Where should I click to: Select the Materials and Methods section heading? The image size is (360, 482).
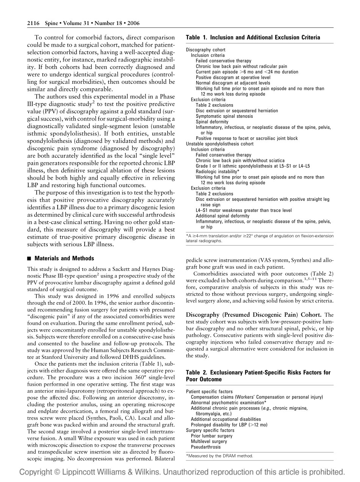point(64,258)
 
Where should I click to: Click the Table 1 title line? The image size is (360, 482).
point(253,38)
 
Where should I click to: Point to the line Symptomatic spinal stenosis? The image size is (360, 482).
point(224,116)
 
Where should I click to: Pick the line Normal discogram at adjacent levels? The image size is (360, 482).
point(233,83)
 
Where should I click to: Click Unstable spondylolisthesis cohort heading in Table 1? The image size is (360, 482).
point(219,144)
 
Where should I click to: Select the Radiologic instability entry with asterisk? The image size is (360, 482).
point(217,172)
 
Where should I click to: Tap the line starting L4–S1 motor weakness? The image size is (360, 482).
point(243,210)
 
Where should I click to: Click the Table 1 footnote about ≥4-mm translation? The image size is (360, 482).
point(260,236)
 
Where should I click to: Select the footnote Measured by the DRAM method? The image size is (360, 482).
point(219,456)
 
